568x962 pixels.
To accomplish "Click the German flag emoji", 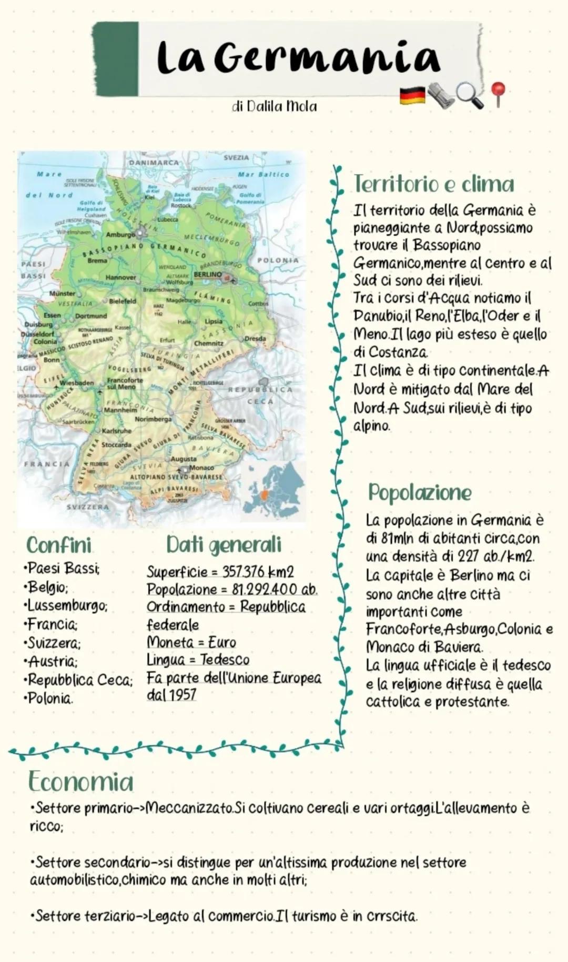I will [x=412, y=95].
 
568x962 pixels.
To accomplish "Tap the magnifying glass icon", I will [x=469, y=95].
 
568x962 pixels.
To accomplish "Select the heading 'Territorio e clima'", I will [x=434, y=184].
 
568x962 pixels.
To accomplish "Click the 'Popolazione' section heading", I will [x=420, y=493].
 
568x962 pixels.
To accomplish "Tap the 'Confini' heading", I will [x=59, y=545].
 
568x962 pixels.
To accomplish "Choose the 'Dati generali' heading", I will [x=224, y=545].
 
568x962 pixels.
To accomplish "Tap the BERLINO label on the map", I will [x=208, y=275].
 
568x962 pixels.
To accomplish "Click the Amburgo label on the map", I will [x=120, y=235].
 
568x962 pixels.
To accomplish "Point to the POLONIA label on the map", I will [x=278, y=260].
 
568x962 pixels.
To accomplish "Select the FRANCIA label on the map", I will [x=46, y=464].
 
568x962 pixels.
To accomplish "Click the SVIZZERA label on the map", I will [x=88, y=507].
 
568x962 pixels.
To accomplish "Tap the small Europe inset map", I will [x=273, y=491].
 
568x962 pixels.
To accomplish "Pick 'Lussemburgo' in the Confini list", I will [x=67, y=606].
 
